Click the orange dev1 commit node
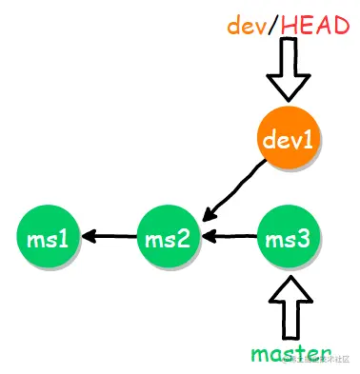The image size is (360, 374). (x=290, y=141)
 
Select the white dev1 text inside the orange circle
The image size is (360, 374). (x=290, y=141)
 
